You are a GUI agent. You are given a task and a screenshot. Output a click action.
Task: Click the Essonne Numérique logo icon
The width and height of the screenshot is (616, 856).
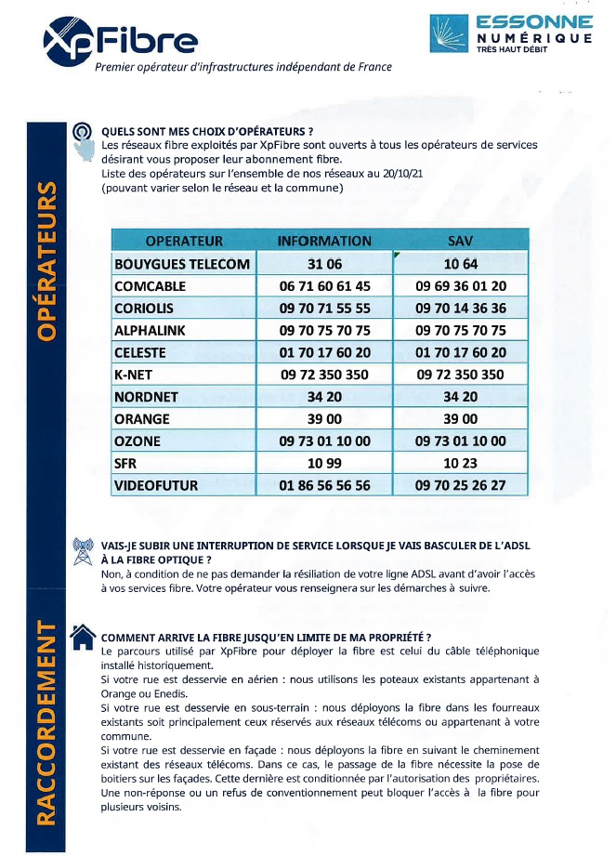450,33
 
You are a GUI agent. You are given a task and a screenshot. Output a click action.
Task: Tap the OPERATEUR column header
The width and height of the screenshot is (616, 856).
184,241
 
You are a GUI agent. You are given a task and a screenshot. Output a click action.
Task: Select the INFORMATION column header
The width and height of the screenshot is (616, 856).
324,241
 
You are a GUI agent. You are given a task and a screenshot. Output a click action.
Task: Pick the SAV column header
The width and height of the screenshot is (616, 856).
461,241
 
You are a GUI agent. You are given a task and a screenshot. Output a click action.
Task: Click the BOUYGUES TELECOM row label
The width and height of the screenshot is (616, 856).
182,264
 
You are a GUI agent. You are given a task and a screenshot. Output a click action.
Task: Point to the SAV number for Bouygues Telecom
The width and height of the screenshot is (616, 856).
461,264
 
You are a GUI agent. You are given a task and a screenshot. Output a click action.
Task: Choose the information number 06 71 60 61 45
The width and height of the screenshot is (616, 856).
324,286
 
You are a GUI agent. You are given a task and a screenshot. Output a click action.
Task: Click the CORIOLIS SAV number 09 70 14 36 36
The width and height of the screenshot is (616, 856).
461,309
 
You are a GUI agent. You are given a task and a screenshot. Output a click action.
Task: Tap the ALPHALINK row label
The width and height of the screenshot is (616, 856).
153,331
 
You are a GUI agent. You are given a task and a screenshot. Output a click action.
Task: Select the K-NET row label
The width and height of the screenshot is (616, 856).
137,375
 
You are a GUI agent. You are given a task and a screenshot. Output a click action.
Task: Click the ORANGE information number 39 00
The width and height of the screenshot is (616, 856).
324,419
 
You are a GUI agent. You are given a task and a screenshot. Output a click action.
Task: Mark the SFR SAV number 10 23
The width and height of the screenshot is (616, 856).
461,463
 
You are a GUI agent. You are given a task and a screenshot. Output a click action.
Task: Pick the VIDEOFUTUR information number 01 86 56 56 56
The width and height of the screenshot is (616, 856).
324,485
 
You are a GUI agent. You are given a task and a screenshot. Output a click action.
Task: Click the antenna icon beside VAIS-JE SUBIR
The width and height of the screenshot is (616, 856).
82,551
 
